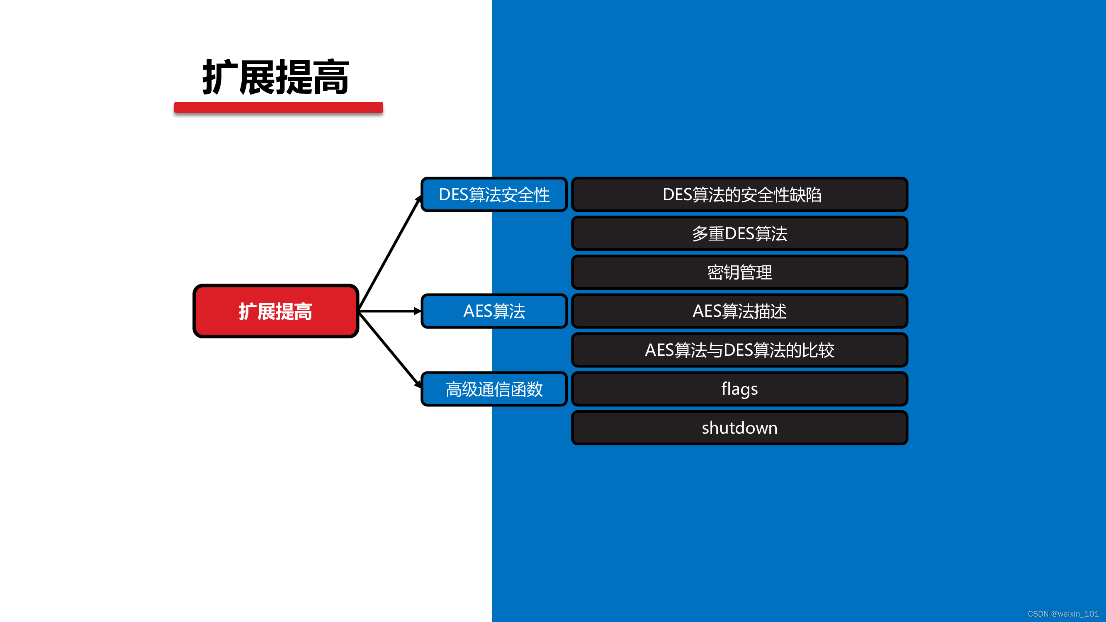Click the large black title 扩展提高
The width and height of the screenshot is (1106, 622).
coord(275,77)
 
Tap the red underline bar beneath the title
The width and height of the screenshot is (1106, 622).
coord(278,107)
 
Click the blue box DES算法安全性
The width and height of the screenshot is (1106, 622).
coord(494,194)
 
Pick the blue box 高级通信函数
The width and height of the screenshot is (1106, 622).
coord(494,389)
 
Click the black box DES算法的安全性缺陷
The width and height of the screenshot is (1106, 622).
coord(739,194)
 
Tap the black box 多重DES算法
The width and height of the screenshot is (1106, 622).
coord(739,233)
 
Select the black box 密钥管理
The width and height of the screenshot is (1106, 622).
coord(739,272)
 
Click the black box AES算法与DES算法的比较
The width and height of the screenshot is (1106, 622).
coord(739,350)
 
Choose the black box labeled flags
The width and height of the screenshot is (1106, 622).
coord(739,389)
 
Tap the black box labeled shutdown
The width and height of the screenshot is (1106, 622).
coord(739,428)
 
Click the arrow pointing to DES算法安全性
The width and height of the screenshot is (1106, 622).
coord(390,253)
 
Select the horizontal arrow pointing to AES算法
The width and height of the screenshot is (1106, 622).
coord(390,311)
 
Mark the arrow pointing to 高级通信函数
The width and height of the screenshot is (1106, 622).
coord(390,350)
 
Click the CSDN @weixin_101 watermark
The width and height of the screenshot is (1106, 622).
coord(1062,614)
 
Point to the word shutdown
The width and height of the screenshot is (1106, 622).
coord(739,428)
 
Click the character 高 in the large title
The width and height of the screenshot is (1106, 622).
coord(331,78)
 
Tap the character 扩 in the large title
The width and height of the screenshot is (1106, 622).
coord(219,78)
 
